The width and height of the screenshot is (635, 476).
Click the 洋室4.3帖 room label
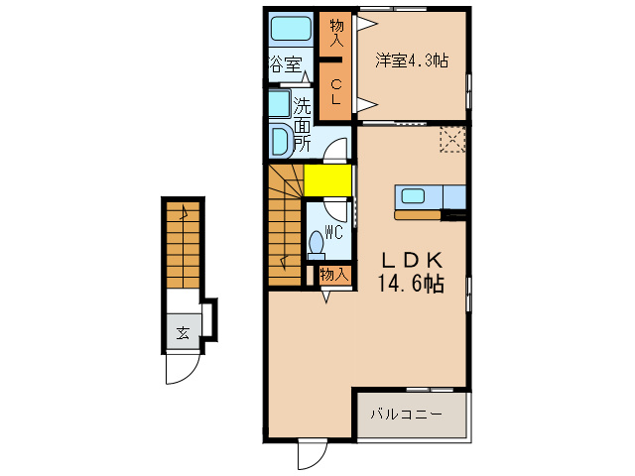click(x=411, y=60)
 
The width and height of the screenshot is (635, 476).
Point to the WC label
click(x=334, y=233)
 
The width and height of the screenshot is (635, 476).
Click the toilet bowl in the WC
click(x=317, y=242)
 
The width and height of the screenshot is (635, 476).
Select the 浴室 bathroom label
click(x=285, y=64)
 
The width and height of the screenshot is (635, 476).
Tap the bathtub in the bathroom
click(x=292, y=30)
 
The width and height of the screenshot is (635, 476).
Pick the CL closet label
click(x=335, y=92)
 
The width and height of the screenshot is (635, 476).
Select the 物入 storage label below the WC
click(x=333, y=275)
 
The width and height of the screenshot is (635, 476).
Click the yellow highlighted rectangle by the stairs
click(x=327, y=181)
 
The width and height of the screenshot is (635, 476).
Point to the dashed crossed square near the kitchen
click(x=452, y=140)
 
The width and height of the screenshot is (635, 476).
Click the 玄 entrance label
click(x=183, y=332)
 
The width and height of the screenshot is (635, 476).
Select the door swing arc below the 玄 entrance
click(x=180, y=369)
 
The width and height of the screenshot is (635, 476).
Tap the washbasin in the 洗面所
click(x=279, y=140)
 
